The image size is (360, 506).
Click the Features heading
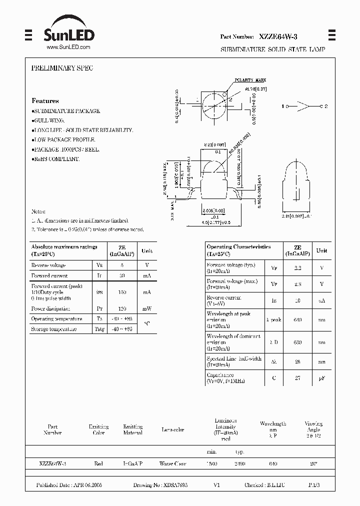coord(45,100)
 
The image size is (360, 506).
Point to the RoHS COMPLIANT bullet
coord(55,158)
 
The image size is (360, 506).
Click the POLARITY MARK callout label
coord(250,80)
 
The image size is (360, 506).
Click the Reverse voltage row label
coord(48,265)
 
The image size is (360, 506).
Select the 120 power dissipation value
coord(121,308)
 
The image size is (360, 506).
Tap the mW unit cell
coord(147,308)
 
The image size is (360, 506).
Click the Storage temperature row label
coord(54,329)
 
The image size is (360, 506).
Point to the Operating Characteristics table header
coord(239,247)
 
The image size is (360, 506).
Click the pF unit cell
coord(322,378)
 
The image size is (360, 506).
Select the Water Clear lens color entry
coord(172,464)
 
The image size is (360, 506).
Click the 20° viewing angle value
coord(313,464)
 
